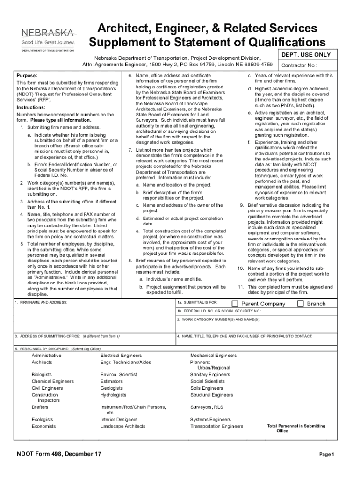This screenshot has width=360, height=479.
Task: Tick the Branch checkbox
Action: click(301, 304)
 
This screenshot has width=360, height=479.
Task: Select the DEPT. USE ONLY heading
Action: click(306, 55)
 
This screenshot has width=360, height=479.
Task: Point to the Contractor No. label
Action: click(299, 66)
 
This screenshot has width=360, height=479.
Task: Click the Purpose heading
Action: click(27, 75)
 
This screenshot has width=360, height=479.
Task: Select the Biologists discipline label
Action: click(42, 375)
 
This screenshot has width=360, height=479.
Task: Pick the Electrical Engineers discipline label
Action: click(121, 356)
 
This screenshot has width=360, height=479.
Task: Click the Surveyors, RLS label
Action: click(207, 407)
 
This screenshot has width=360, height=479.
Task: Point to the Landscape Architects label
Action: click(123, 426)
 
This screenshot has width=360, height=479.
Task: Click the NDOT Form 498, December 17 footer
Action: click(58, 454)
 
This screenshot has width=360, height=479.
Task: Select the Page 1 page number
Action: click(326, 455)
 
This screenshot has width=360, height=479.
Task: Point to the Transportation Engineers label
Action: click(216, 426)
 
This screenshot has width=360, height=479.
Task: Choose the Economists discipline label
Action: click(43, 426)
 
